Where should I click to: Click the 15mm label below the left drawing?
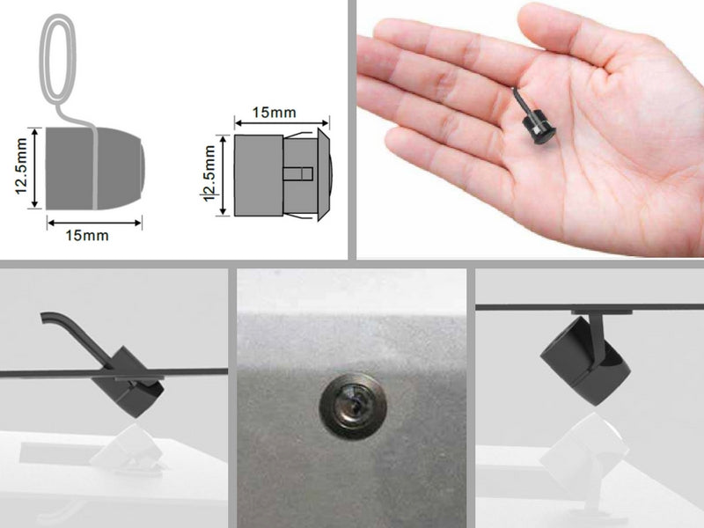pos(87,235)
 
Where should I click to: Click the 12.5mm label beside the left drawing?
pos(21,166)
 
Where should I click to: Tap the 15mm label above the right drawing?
pos(274,113)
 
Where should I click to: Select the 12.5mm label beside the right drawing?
pos(209,173)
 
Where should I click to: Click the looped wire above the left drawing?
pos(57,58)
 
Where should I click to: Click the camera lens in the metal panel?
pos(353,407)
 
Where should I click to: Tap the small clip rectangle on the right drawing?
pos(298,173)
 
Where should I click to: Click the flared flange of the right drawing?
pos(323,174)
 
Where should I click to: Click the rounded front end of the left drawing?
pos(134,168)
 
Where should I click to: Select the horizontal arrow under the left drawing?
pos(94,223)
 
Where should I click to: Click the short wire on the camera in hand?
pos(521,101)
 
